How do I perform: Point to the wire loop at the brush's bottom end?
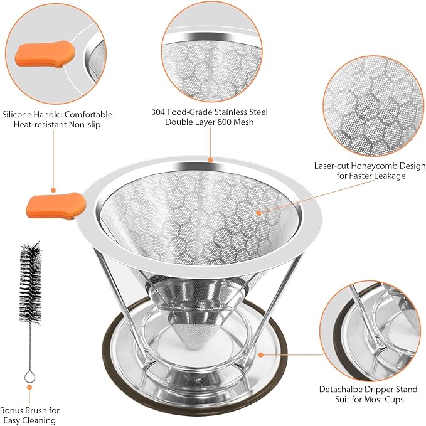[29, 377]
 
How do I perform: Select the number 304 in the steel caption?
[158, 112]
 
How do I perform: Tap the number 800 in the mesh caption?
[232, 122]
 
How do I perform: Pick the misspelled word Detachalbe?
[344, 389]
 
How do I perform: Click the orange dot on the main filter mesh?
[258, 213]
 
